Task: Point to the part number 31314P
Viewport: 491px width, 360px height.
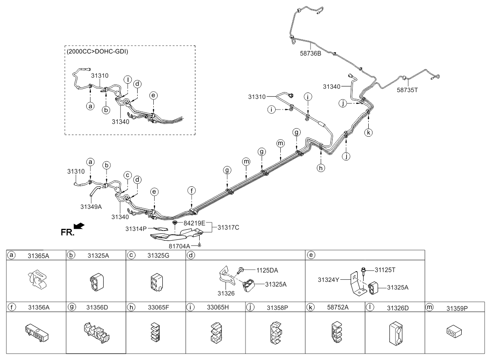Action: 136,229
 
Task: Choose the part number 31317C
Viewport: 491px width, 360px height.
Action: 229,228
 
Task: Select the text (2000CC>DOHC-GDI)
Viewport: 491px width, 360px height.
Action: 97,52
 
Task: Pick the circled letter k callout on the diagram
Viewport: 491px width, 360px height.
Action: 369,132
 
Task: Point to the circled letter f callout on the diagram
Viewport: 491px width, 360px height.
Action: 192,191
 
